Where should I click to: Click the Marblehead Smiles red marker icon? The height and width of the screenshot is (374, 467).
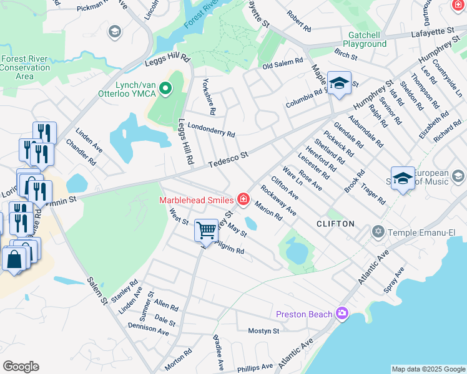click(243, 200)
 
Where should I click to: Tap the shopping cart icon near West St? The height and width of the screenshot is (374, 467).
click(206, 229)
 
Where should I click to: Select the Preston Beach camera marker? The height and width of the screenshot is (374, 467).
click(342, 313)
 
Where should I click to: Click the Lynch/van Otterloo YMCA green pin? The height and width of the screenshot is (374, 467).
click(165, 90)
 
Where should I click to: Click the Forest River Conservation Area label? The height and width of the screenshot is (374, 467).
click(24, 67)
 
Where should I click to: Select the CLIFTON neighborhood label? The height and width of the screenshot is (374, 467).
click(335, 223)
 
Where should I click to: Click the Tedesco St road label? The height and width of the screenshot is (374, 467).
click(229, 158)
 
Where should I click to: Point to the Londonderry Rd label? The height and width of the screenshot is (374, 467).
click(211, 129)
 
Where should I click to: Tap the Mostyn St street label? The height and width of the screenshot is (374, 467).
click(263, 330)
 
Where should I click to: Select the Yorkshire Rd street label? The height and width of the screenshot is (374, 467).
click(209, 100)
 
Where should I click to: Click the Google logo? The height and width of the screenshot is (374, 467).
click(21, 367)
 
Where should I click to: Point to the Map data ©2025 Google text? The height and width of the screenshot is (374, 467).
click(428, 369)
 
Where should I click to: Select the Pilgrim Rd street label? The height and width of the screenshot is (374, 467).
click(231, 250)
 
